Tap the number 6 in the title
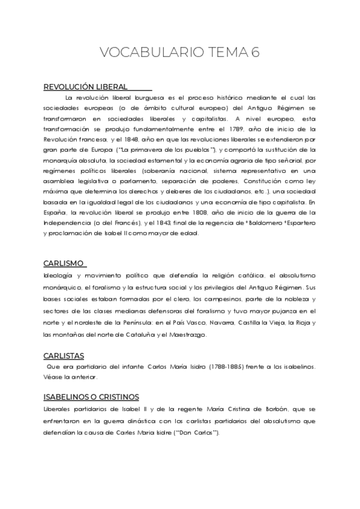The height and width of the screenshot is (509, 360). click(x=256, y=53)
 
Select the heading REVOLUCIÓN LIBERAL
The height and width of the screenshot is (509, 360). click(x=85, y=87)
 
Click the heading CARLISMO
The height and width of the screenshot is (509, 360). click(x=63, y=264)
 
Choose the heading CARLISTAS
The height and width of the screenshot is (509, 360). click(x=64, y=356)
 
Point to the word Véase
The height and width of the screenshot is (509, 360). click(x=54, y=377)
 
